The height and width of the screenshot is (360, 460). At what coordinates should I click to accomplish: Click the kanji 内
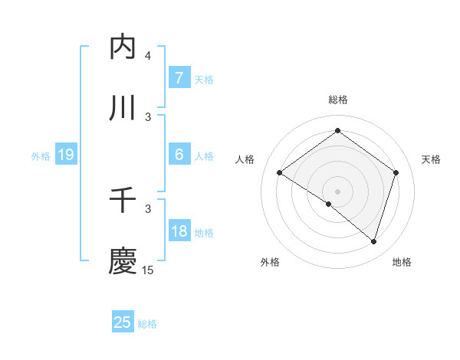[x=123, y=47]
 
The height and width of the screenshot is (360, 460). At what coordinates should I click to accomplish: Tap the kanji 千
[x=123, y=201]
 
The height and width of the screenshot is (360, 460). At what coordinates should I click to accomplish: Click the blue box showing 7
[x=179, y=78]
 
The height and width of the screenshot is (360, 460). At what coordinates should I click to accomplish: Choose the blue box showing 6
[x=179, y=155]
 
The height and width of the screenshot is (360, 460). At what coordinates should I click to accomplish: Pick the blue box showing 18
[x=179, y=231]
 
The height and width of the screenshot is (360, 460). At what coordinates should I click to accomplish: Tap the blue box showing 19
[x=65, y=155]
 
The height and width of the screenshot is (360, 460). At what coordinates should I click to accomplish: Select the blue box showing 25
[x=123, y=322]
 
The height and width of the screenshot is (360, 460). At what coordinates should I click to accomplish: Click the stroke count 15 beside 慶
[x=148, y=270]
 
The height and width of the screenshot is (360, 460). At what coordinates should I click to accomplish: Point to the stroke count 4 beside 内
[x=148, y=56]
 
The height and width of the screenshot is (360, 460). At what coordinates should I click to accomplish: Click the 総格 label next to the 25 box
[x=148, y=324]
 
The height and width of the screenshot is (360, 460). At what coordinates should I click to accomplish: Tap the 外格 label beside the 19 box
[x=41, y=156]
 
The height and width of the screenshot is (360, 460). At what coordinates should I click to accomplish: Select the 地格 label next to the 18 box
[x=205, y=233]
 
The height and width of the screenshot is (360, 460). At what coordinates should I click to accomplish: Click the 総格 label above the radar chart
[x=338, y=100]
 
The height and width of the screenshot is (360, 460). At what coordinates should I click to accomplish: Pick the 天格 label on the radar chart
[x=432, y=159]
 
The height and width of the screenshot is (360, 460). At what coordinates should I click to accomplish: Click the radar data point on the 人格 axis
[x=280, y=173]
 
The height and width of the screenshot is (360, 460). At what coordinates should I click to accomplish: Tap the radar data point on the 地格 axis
[x=374, y=241]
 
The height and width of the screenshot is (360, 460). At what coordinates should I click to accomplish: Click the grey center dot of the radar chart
[x=338, y=191]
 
